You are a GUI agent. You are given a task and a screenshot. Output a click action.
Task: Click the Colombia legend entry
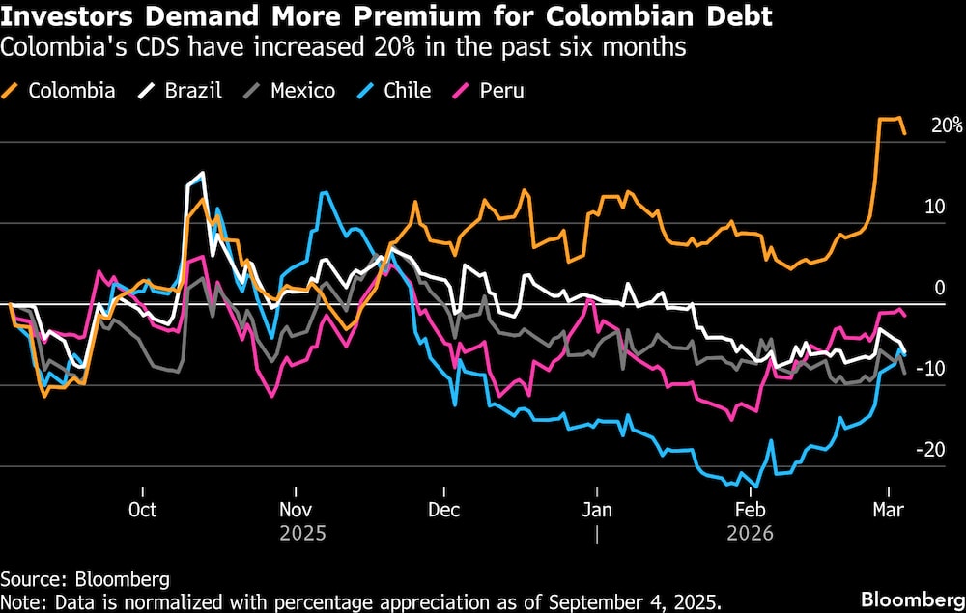pyautogui.click(x=60, y=91)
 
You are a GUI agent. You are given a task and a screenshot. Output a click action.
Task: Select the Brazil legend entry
pyautogui.click(x=183, y=91)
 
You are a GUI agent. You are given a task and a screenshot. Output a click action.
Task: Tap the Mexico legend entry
pyautogui.click(x=290, y=91)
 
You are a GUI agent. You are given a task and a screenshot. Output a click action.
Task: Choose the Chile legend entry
pyautogui.click(x=395, y=91)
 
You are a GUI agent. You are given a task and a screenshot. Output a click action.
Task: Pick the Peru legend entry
pyautogui.click(x=489, y=91)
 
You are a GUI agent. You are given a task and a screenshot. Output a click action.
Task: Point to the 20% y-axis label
pyautogui.click(x=947, y=125)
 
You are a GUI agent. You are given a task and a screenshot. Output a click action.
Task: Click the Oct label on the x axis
pyautogui.click(x=142, y=510)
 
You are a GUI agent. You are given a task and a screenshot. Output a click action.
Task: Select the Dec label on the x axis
pyautogui.click(x=443, y=510)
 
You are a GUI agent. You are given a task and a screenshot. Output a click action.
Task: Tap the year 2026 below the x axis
pyautogui.click(x=750, y=533)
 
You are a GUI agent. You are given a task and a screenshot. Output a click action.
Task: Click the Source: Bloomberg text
pyautogui.click(x=85, y=579)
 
